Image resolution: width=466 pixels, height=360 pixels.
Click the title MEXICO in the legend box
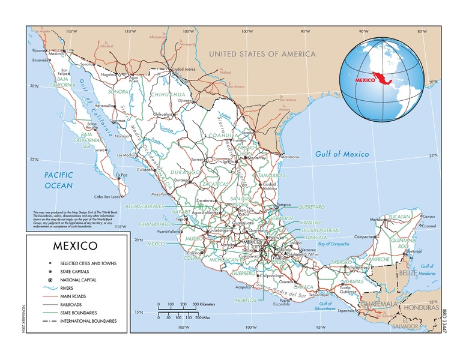[x=75, y=246]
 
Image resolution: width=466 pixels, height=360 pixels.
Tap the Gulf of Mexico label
[x=342, y=154]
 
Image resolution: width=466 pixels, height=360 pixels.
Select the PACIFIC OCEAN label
[x=58, y=180]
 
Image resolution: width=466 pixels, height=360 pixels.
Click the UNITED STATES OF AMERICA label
[x=262, y=54]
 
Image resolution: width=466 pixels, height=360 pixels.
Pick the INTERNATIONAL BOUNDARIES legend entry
[x=88, y=321]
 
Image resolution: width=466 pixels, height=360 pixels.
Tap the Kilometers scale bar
[x=178, y=307]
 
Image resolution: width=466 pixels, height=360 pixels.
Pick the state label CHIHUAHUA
[x=163, y=94]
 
